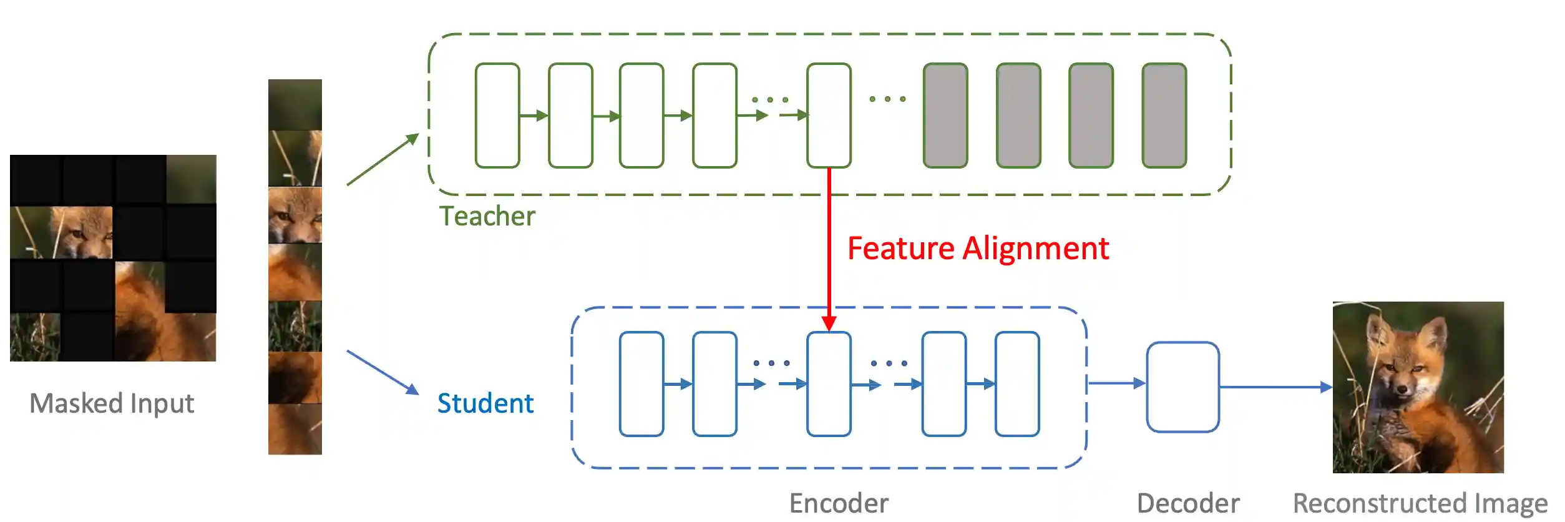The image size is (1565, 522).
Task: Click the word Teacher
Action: pos(487,216)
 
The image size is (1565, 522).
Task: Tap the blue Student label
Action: pos(485,403)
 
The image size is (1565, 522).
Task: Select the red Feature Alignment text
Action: pos(978,249)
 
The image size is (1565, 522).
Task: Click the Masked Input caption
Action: pos(112,403)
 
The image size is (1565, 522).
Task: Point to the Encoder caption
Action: pos(838,503)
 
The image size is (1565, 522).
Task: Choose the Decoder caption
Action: pos(1188,503)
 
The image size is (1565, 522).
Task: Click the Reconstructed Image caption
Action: pos(1420,503)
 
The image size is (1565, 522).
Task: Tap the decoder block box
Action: pos(1182,387)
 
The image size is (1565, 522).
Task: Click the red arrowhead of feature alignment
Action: pos(829,323)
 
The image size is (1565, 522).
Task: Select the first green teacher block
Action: pos(497,116)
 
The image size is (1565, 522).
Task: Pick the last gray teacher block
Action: pos(1164,116)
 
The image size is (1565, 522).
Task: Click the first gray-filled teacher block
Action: pos(945,116)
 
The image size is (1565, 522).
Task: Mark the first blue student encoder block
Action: pos(641,384)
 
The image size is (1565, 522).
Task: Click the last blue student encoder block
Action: pos(1017,384)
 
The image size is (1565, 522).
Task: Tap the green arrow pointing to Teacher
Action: pos(383,160)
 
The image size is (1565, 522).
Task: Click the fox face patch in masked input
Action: pos(78,233)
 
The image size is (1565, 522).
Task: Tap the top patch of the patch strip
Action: pos(295,105)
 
